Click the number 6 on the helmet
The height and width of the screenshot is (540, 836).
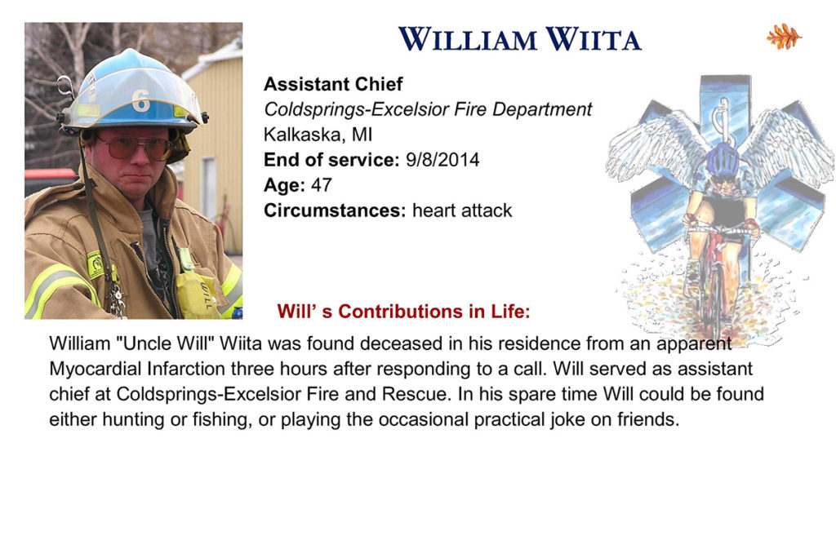click(140, 100)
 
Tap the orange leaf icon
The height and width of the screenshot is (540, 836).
click(784, 36)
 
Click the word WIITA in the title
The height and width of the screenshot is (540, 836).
click(593, 39)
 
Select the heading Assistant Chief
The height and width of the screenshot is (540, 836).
click(333, 84)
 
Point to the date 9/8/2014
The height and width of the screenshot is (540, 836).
click(442, 160)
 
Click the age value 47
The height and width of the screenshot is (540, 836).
click(322, 185)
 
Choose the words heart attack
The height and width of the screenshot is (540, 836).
click(462, 210)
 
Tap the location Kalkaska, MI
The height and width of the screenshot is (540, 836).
click(318, 135)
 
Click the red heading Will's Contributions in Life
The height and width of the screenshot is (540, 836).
click(403, 311)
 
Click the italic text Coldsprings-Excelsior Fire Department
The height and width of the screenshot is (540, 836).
click(428, 109)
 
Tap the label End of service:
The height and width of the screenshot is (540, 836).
click(331, 160)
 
